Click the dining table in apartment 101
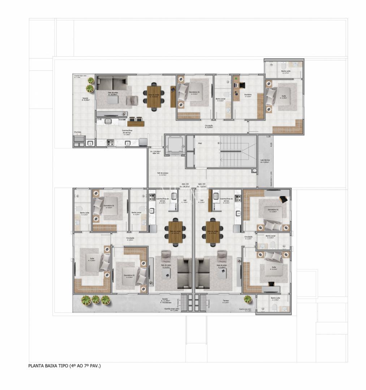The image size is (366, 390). (154, 96)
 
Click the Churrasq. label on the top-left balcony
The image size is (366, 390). (78, 132)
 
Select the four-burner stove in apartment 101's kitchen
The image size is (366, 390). (110, 143)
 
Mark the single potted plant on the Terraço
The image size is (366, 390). (248, 299)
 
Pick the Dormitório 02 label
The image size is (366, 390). (129, 276)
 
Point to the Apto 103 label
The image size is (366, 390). (202, 184)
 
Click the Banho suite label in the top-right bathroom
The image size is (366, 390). (286, 71)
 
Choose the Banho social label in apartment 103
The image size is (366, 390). (271, 236)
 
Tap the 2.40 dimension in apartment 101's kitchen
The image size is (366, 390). (99, 119)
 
